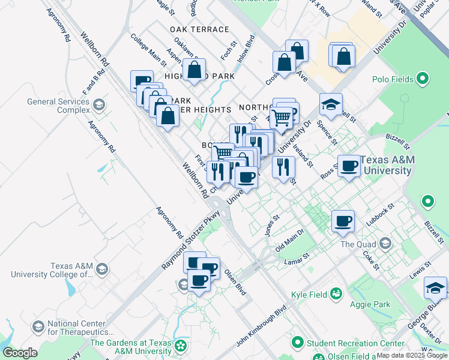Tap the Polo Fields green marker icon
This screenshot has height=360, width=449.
pyautogui.click(x=423, y=79)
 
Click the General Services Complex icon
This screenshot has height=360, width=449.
pyautogui.click(x=98, y=106)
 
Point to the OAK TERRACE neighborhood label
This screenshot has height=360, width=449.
pyautogui.click(x=199, y=29)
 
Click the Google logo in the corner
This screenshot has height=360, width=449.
pyautogui.click(x=19, y=353)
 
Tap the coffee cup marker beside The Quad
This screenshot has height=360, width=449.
pyautogui.click(x=343, y=221)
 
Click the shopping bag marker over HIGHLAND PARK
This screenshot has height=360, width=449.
pyautogui.click(x=194, y=70)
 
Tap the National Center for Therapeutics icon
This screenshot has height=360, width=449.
pyautogui.click(x=38, y=326)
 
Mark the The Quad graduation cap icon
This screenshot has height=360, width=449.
pyautogui.click(x=385, y=244)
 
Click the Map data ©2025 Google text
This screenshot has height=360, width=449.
pyautogui.click(x=412, y=355)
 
